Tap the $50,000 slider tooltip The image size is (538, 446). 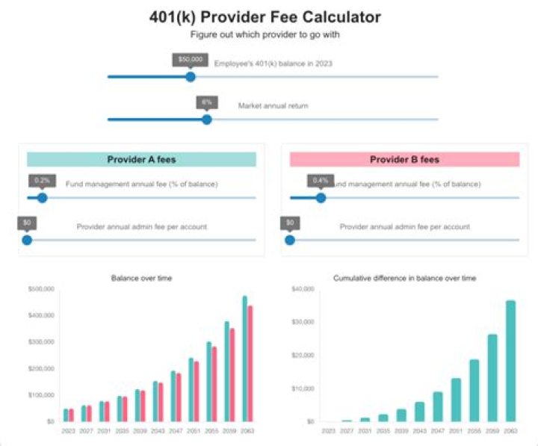(190, 59)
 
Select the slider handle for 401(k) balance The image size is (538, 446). (191, 76)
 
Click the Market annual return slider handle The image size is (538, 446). (207, 119)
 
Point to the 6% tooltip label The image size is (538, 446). (207, 102)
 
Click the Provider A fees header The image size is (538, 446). (141, 159)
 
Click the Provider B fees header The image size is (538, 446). (404, 159)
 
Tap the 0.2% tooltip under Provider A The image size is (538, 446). (43, 180)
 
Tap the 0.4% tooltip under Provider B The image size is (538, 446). (321, 180)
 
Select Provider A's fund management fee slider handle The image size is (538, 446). (43, 198)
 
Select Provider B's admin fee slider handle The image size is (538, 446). (290, 240)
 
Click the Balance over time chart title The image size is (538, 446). (141, 278)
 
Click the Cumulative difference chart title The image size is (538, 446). (404, 278)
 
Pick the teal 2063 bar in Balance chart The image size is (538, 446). (244, 359)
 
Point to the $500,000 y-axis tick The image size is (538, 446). (41, 288)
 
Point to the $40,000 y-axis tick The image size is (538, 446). (302, 288)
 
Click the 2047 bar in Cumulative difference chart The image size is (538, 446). (438, 406)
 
